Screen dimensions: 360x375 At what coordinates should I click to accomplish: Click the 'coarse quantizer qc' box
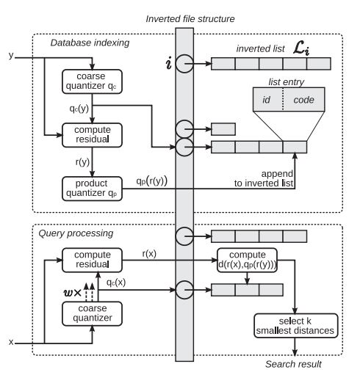pyautogui.click(x=92, y=81)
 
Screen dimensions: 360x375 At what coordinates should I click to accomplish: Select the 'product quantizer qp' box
pyautogui.click(x=92, y=189)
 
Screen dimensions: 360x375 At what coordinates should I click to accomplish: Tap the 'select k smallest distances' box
pyautogui.click(x=296, y=326)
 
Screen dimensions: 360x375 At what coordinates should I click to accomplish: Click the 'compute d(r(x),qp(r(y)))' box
pyautogui.click(x=247, y=260)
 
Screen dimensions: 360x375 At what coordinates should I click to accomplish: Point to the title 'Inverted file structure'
pyautogui.click(x=190, y=19)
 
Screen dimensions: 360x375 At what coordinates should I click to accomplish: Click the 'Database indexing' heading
pyautogui.click(x=90, y=43)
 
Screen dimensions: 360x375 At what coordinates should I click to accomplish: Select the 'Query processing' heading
pyautogui.click(x=76, y=233)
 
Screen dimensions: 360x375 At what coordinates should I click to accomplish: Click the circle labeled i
pyautogui.click(x=184, y=64)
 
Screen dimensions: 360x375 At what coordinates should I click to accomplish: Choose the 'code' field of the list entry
pyautogui.click(x=304, y=99)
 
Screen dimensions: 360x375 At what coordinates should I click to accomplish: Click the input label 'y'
pyautogui.click(x=11, y=56)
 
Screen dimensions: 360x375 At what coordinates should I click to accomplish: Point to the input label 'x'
pyautogui.click(x=11, y=342)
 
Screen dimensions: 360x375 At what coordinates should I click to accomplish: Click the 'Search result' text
pyautogui.click(x=293, y=364)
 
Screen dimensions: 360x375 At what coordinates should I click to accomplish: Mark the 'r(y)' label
pyautogui.click(x=82, y=162)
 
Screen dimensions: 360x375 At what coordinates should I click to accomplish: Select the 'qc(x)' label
pyautogui.click(x=116, y=283)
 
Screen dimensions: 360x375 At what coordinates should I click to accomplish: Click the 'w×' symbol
pyautogui.click(x=72, y=293)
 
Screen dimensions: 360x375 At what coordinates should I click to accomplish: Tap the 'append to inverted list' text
pyautogui.click(x=264, y=178)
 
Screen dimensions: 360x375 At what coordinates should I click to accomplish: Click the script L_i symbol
pyautogui.click(x=301, y=48)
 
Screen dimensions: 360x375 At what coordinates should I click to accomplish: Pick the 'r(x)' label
pyautogui.click(x=149, y=254)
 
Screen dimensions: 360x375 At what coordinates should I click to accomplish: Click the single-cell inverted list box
pyautogui.click(x=223, y=129)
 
